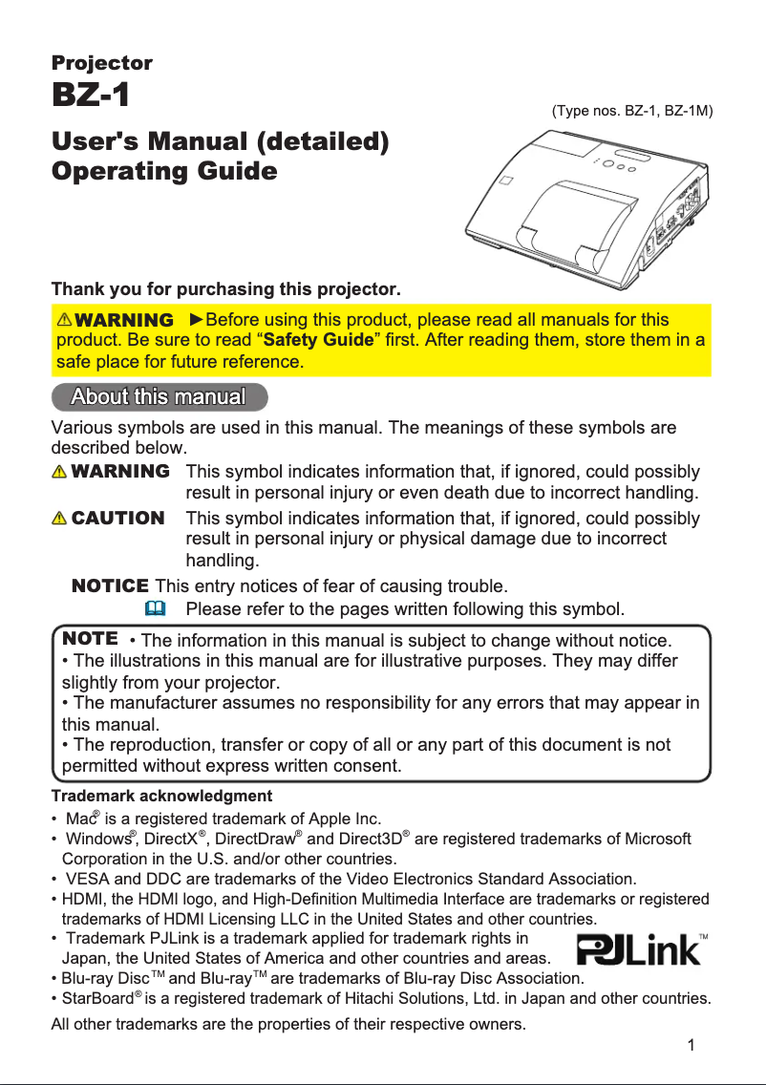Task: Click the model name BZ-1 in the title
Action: tap(91, 96)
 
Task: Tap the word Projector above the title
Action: tap(101, 63)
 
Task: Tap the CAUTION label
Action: tap(117, 519)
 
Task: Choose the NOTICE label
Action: tap(110, 585)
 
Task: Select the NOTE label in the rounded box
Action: tap(89, 637)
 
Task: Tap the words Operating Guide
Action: tap(164, 172)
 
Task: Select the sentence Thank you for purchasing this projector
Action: tap(225, 288)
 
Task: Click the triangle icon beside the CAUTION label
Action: tap(60, 519)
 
